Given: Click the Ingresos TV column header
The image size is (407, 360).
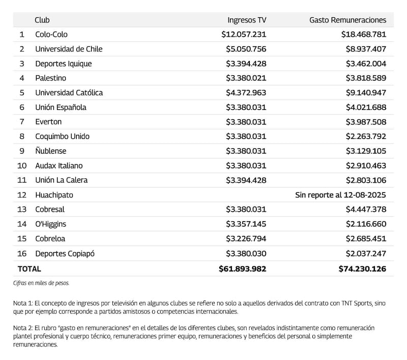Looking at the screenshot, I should coord(247,20).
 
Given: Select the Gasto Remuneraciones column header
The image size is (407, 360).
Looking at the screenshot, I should coord(347,20).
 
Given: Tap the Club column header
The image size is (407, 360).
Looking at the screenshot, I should coord(42,20).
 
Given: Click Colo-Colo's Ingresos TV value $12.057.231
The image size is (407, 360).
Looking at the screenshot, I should coord(244,35).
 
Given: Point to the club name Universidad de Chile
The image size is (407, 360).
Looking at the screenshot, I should coord(69,49).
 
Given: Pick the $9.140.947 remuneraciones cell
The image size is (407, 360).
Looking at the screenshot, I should coord(364,93).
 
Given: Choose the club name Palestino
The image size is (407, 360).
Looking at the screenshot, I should coord(50,78).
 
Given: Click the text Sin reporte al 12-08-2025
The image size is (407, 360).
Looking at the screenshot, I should coord(340,195).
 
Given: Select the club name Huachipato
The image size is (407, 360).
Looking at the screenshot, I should coord(53,195).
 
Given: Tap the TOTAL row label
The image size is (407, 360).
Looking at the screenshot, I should coord(29,268).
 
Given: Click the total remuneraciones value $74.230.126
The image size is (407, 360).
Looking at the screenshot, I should coord(362,268).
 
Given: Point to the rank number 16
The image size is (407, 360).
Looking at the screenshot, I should coord(21,253).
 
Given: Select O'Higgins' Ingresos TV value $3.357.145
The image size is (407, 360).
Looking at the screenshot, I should coord(246,224).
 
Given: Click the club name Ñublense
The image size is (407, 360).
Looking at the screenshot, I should coord(50,151).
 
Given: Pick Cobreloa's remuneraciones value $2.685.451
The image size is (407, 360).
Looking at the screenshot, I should coord(364,238).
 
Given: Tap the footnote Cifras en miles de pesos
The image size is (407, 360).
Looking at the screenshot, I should coord(41,283).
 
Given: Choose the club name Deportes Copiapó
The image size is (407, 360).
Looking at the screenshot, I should coord(65,253).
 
